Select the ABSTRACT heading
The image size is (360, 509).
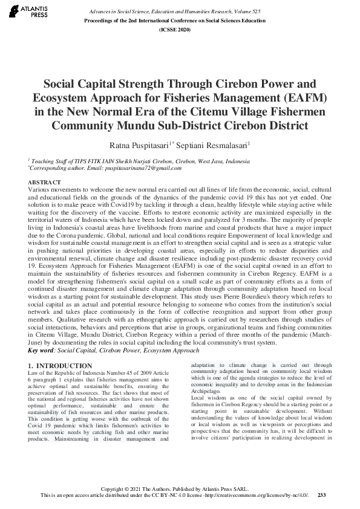point(44,182)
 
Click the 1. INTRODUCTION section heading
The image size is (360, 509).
point(61,366)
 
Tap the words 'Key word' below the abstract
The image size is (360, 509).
point(41,350)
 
